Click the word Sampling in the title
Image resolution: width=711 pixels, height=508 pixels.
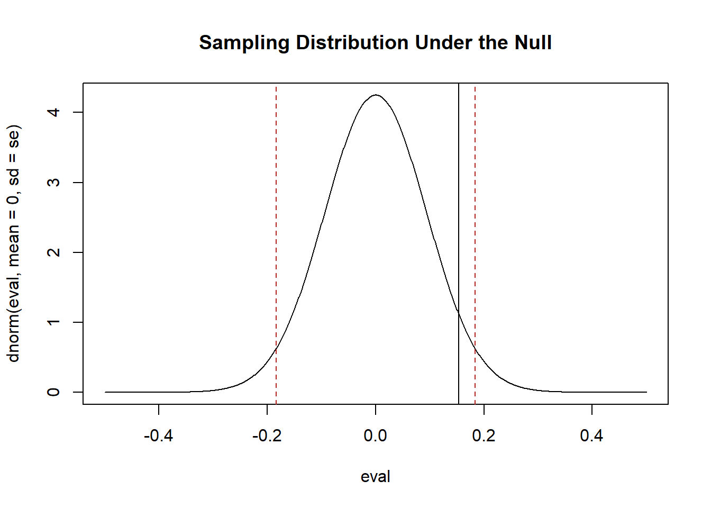tap(244, 43)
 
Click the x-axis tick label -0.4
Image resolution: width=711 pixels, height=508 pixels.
tap(159, 436)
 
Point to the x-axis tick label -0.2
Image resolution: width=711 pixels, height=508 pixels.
tap(267, 436)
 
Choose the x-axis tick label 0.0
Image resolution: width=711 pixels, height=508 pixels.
tap(376, 436)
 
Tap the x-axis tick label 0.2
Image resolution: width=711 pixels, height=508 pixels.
tap(484, 436)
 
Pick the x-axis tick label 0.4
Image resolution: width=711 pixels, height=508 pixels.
tap(591, 436)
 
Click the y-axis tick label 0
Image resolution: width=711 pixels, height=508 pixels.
tap(54, 392)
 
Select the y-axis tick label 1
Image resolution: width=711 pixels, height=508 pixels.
tap(54, 322)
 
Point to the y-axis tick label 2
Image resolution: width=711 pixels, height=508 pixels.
tap(54, 252)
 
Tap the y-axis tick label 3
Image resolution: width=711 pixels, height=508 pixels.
tap(54, 183)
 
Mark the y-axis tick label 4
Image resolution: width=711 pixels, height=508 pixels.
tap(54, 112)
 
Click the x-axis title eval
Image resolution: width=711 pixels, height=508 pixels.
tap(376, 477)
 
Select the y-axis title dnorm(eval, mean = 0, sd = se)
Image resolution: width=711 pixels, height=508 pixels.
tap(14, 243)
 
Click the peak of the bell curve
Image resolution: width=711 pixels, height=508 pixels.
tap(376, 95)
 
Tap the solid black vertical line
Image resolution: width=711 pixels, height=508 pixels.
tap(459, 212)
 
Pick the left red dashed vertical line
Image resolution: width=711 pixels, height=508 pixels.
tap(276, 212)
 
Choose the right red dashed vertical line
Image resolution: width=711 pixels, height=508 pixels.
tap(475, 212)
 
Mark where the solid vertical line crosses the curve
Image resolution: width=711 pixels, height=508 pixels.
tap(459, 313)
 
